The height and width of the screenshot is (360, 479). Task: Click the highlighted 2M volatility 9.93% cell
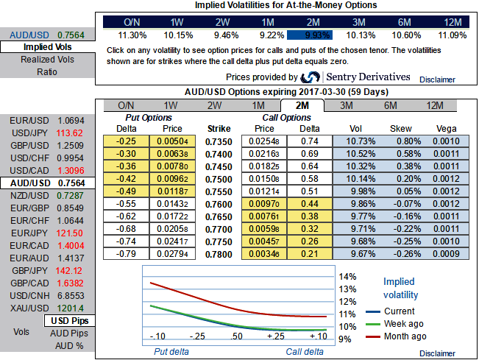pos(308,34)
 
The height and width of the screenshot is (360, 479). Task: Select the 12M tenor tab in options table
pos(435,105)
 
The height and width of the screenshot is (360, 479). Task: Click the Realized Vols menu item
pos(48,60)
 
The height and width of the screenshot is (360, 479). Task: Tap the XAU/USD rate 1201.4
pos(71,308)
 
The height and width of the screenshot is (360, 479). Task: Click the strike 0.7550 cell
pos(219,190)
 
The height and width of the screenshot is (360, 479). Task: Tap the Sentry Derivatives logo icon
pos(311,77)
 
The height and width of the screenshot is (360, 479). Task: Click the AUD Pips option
pos(71,333)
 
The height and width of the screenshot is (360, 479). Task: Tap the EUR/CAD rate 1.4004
pos(71,245)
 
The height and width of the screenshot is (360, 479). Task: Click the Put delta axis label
pos(171,351)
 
